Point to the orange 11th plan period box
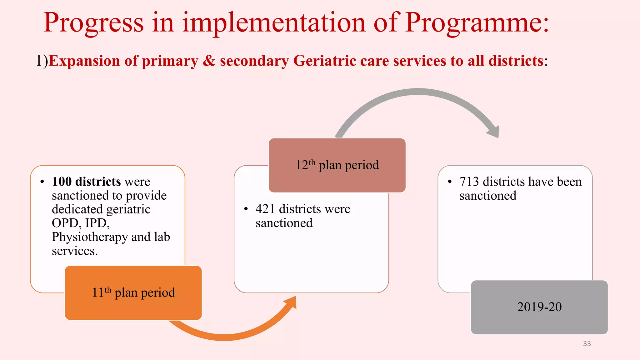coord(133,293)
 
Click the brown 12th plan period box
coord(337,165)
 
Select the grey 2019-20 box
coord(539,307)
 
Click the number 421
coord(265,209)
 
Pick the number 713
coord(469,182)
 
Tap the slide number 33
coord(587,343)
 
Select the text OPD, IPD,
coord(81,223)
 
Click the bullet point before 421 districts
coord(246,209)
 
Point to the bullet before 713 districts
coord(450,182)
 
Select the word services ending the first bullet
coord(74,251)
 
